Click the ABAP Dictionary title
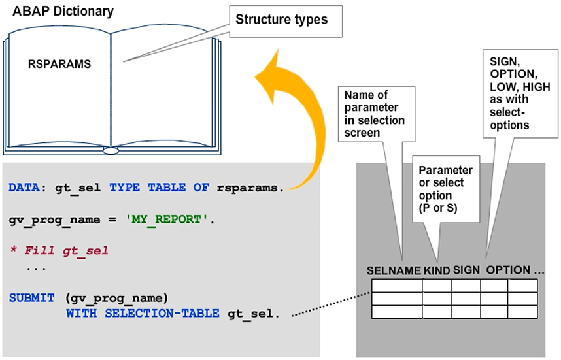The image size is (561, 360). (x=63, y=12)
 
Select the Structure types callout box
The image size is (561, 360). (x=282, y=20)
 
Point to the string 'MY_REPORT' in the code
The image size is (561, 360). (x=176, y=219)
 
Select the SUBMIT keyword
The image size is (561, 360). (x=32, y=298)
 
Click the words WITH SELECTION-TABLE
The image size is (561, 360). (x=143, y=314)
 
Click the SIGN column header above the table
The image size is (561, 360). (x=467, y=270)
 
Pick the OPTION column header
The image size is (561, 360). (x=508, y=270)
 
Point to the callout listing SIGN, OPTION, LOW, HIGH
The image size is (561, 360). (x=515, y=91)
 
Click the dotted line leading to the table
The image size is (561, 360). (x=331, y=306)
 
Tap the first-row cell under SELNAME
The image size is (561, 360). (x=397, y=286)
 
